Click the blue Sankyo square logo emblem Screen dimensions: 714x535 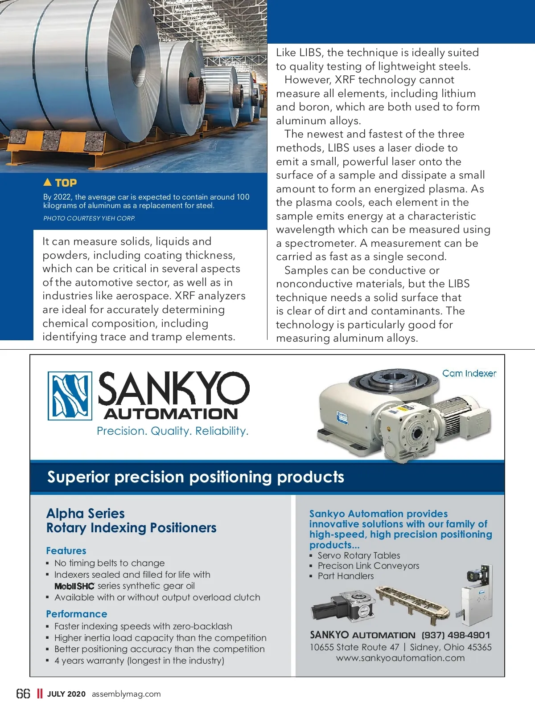[70, 396]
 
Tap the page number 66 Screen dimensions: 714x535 [23, 694]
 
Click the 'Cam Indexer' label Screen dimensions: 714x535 [469, 373]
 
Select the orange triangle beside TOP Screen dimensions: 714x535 [48, 182]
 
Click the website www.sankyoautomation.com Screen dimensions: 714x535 [400, 658]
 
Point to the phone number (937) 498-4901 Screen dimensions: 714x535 [456, 635]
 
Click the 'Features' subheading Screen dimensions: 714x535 [66, 551]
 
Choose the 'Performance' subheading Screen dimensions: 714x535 [77, 614]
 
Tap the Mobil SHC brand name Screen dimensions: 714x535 [74, 586]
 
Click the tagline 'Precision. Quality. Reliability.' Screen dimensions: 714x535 [173, 431]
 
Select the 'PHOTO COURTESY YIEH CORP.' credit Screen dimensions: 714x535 [89, 218]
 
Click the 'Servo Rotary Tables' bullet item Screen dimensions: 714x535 [359, 555]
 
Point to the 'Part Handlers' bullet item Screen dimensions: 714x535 [346, 576]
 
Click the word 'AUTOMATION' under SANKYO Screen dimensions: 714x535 [171, 413]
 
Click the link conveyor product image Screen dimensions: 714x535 [412, 604]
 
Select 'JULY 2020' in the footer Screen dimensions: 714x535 [66, 694]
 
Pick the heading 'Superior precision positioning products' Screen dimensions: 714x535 [196, 477]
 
